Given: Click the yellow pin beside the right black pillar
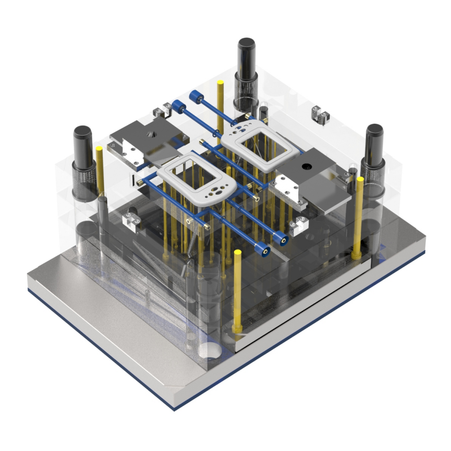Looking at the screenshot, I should click(359, 215).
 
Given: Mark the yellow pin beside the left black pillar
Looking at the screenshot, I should click(100, 170).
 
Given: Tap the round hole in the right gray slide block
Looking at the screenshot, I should click(306, 166).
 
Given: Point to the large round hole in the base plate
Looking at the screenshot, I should click(210, 351).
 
